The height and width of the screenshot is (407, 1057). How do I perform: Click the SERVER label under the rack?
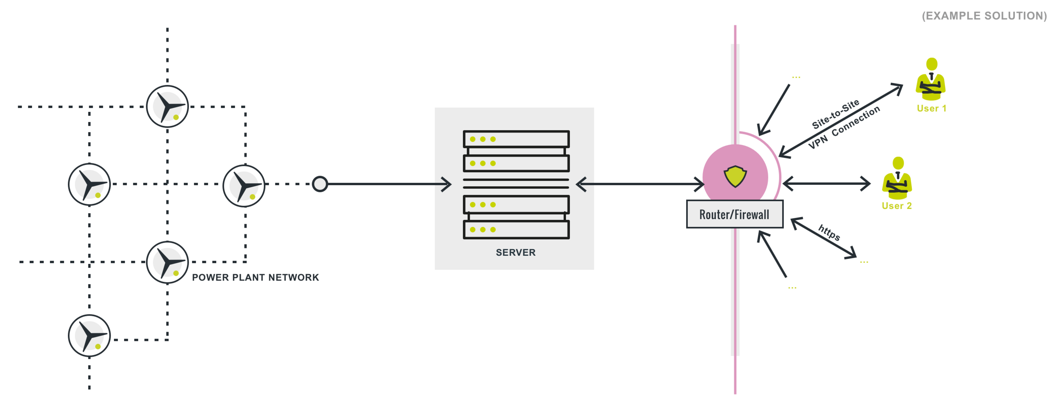[515, 253]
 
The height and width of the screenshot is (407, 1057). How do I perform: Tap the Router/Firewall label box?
[734, 214]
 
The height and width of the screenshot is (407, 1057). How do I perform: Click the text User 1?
[932, 109]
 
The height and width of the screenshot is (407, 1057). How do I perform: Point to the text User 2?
[896, 206]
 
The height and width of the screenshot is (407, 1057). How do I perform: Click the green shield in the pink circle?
[735, 176]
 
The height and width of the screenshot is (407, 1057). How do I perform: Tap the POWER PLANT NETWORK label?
[255, 277]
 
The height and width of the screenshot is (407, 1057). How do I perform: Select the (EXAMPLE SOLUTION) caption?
[984, 16]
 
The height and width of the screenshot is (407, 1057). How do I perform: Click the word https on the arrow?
[829, 232]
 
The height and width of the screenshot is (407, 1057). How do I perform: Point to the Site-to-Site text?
[835, 114]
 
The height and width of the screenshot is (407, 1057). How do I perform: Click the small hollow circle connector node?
[319, 184]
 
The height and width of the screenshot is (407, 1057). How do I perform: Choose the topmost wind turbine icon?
[167, 106]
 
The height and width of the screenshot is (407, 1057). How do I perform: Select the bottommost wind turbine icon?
[89, 336]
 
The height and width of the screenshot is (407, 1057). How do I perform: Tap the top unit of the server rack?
[516, 139]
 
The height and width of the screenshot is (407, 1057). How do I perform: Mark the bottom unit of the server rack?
[516, 230]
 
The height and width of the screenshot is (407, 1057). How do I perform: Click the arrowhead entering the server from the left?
[446, 184]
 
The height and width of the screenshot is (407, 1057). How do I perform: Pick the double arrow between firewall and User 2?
[826, 184]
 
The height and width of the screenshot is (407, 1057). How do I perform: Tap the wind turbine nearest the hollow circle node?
[244, 186]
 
